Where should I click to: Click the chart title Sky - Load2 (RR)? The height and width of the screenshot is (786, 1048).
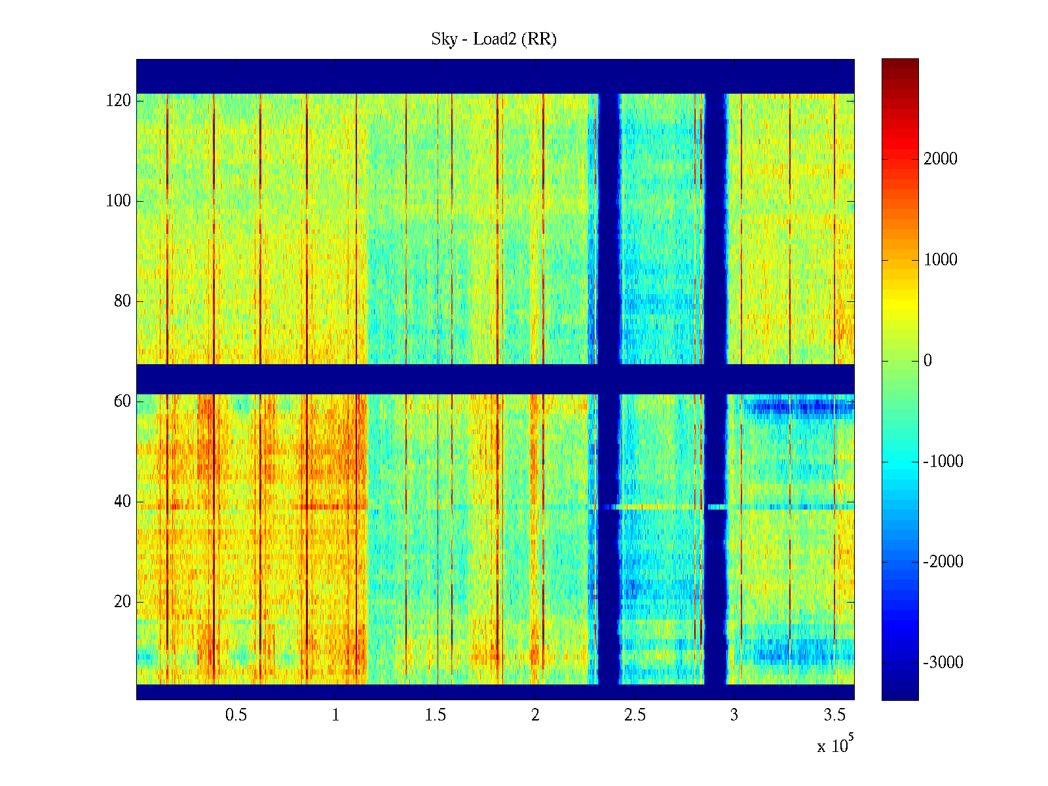pos(494,39)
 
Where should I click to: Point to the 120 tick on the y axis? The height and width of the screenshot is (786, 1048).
pos(119,101)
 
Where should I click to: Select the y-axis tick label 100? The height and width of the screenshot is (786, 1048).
pos(119,201)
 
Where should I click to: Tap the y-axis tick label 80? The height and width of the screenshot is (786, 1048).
pos(122,301)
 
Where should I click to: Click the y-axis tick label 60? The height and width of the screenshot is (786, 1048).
pos(122,402)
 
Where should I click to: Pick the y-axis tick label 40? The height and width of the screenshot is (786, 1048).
pos(122,502)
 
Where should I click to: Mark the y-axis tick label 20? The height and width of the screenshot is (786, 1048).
pos(122,602)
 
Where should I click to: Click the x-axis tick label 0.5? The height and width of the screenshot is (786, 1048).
pos(236,715)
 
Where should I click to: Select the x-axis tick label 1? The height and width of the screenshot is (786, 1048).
pos(336,715)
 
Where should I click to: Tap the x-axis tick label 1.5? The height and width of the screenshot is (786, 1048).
pos(436,715)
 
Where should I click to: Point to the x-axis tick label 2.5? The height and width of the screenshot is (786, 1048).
pos(635,715)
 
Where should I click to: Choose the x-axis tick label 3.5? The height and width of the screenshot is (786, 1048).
pos(834,715)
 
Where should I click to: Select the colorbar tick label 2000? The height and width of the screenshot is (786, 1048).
pos(941,159)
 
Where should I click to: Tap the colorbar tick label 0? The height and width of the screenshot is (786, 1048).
pos(927,361)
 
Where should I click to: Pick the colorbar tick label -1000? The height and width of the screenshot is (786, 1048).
pos(943,462)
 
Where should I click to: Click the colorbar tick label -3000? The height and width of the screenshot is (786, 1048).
pos(943,663)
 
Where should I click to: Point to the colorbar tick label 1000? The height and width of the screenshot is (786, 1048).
pos(941,260)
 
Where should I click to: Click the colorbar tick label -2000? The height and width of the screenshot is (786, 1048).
pos(943,562)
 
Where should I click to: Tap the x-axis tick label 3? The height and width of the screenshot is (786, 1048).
pos(734,715)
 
